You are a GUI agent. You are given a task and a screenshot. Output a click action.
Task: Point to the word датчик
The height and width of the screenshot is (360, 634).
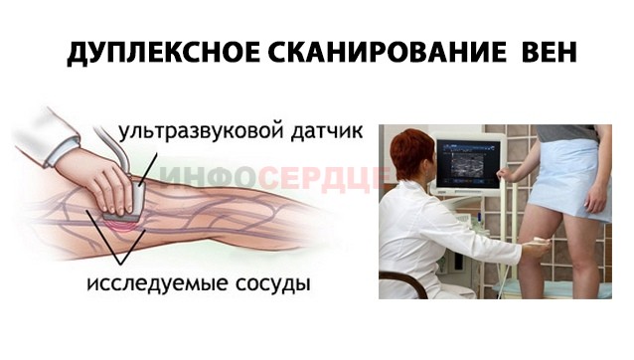coord(320,130)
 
